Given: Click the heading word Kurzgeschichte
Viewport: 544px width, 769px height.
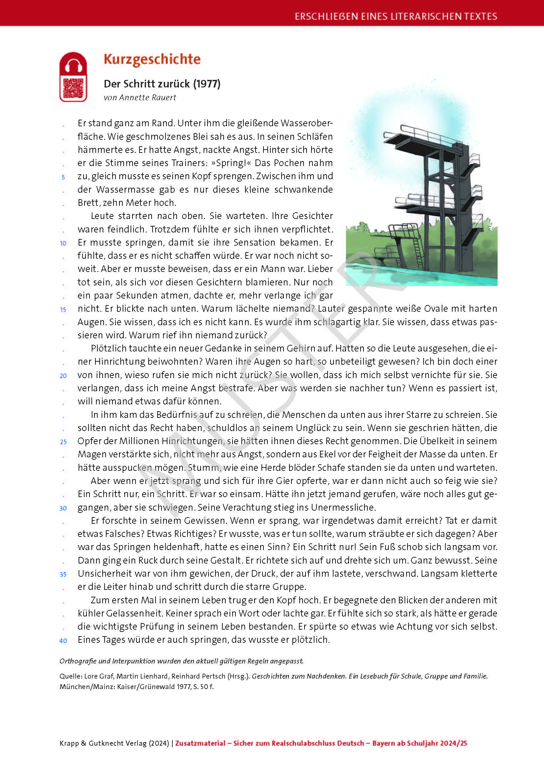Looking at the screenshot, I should [x=152, y=59].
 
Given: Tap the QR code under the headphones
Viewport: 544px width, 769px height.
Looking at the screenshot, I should [x=73, y=88].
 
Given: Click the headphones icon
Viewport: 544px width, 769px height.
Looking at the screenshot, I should [x=73, y=65].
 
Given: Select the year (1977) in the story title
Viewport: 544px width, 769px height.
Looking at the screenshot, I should [x=207, y=84].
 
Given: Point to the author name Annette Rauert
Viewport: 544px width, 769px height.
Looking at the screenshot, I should [x=148, y=97].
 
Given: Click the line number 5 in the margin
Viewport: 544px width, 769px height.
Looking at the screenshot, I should [x=63, y=177].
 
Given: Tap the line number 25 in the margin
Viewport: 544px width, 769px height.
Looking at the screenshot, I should [x=63, y=442].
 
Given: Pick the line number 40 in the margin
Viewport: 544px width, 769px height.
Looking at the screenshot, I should [x=63, y=641].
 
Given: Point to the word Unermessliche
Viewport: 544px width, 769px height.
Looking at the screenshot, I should [x=343, y=507].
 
